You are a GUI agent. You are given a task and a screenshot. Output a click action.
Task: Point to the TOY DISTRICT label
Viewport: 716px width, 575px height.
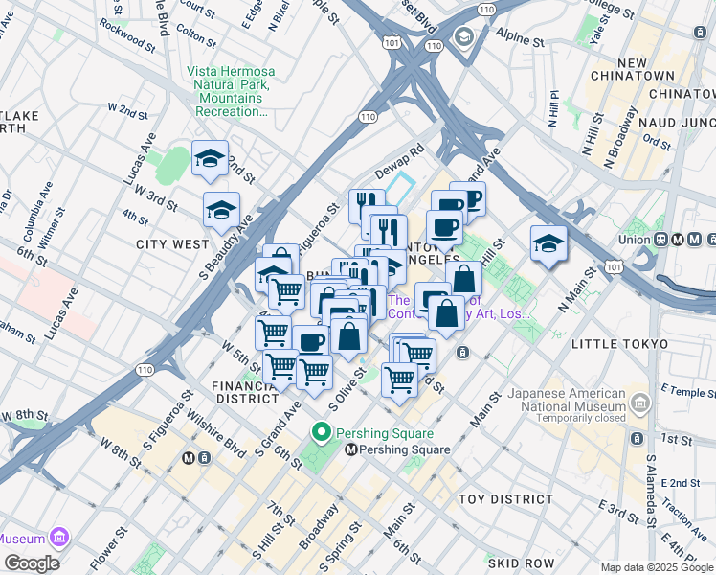tap(505, 499)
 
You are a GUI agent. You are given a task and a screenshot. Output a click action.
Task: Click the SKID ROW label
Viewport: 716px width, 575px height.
tap(517, 563)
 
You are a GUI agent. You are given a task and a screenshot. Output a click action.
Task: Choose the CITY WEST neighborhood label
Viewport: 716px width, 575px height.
tap(172, 244)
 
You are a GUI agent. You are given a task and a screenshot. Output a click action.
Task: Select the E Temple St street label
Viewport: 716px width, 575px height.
tap(682, 389)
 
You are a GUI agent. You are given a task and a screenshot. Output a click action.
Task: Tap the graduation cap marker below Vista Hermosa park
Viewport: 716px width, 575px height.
tap(221, 211)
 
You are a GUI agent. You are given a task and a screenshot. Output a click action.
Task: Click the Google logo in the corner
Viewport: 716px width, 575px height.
tap(32, 563)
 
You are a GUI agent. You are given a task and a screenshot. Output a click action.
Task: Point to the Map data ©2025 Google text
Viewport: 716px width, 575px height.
tap(656, 567)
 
